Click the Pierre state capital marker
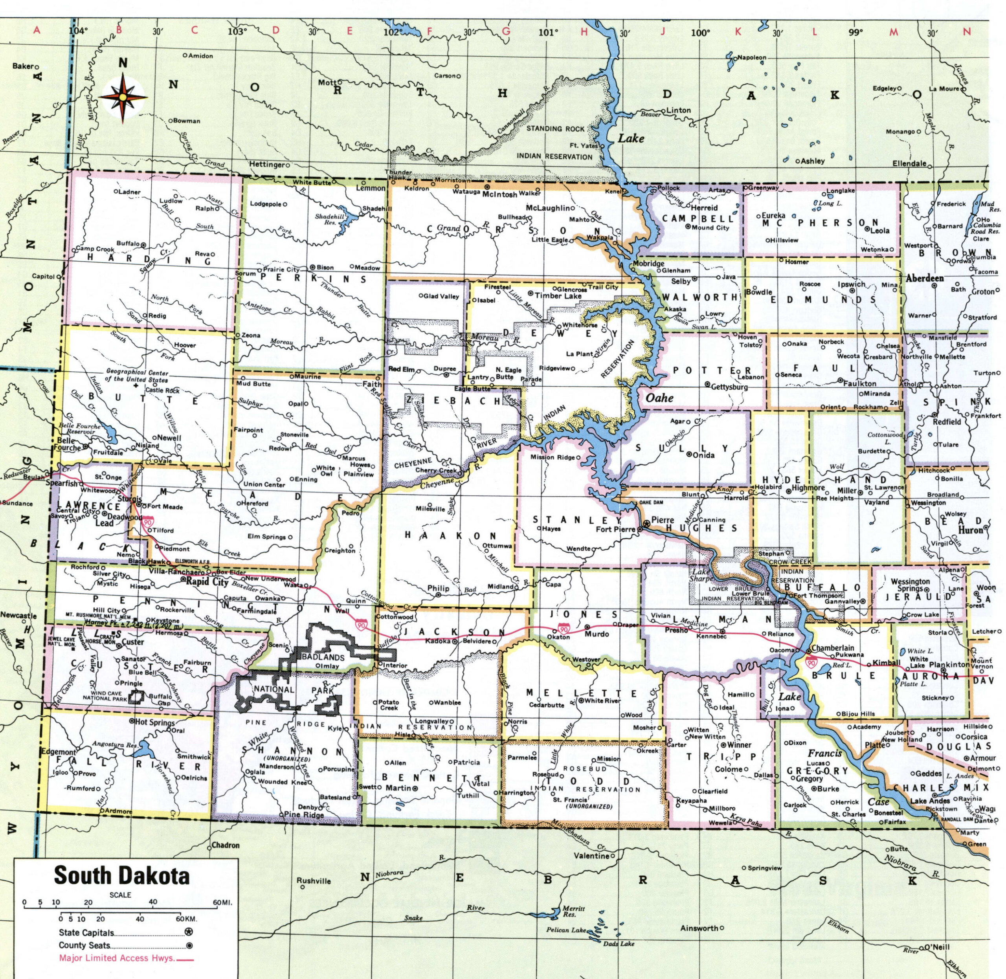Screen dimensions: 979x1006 [646, 524]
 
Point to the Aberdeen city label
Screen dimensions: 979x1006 [924, 278]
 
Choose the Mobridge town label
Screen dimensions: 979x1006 [648, 263]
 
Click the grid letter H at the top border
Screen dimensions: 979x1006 [584, 31]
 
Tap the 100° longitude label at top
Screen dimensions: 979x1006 [700, 32]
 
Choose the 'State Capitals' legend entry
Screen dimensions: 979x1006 [86, 932]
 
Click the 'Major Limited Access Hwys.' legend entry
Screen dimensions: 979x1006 [117, 958]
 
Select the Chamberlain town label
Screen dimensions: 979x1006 [833, 648]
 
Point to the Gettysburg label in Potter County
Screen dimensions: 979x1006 [729, 386]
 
